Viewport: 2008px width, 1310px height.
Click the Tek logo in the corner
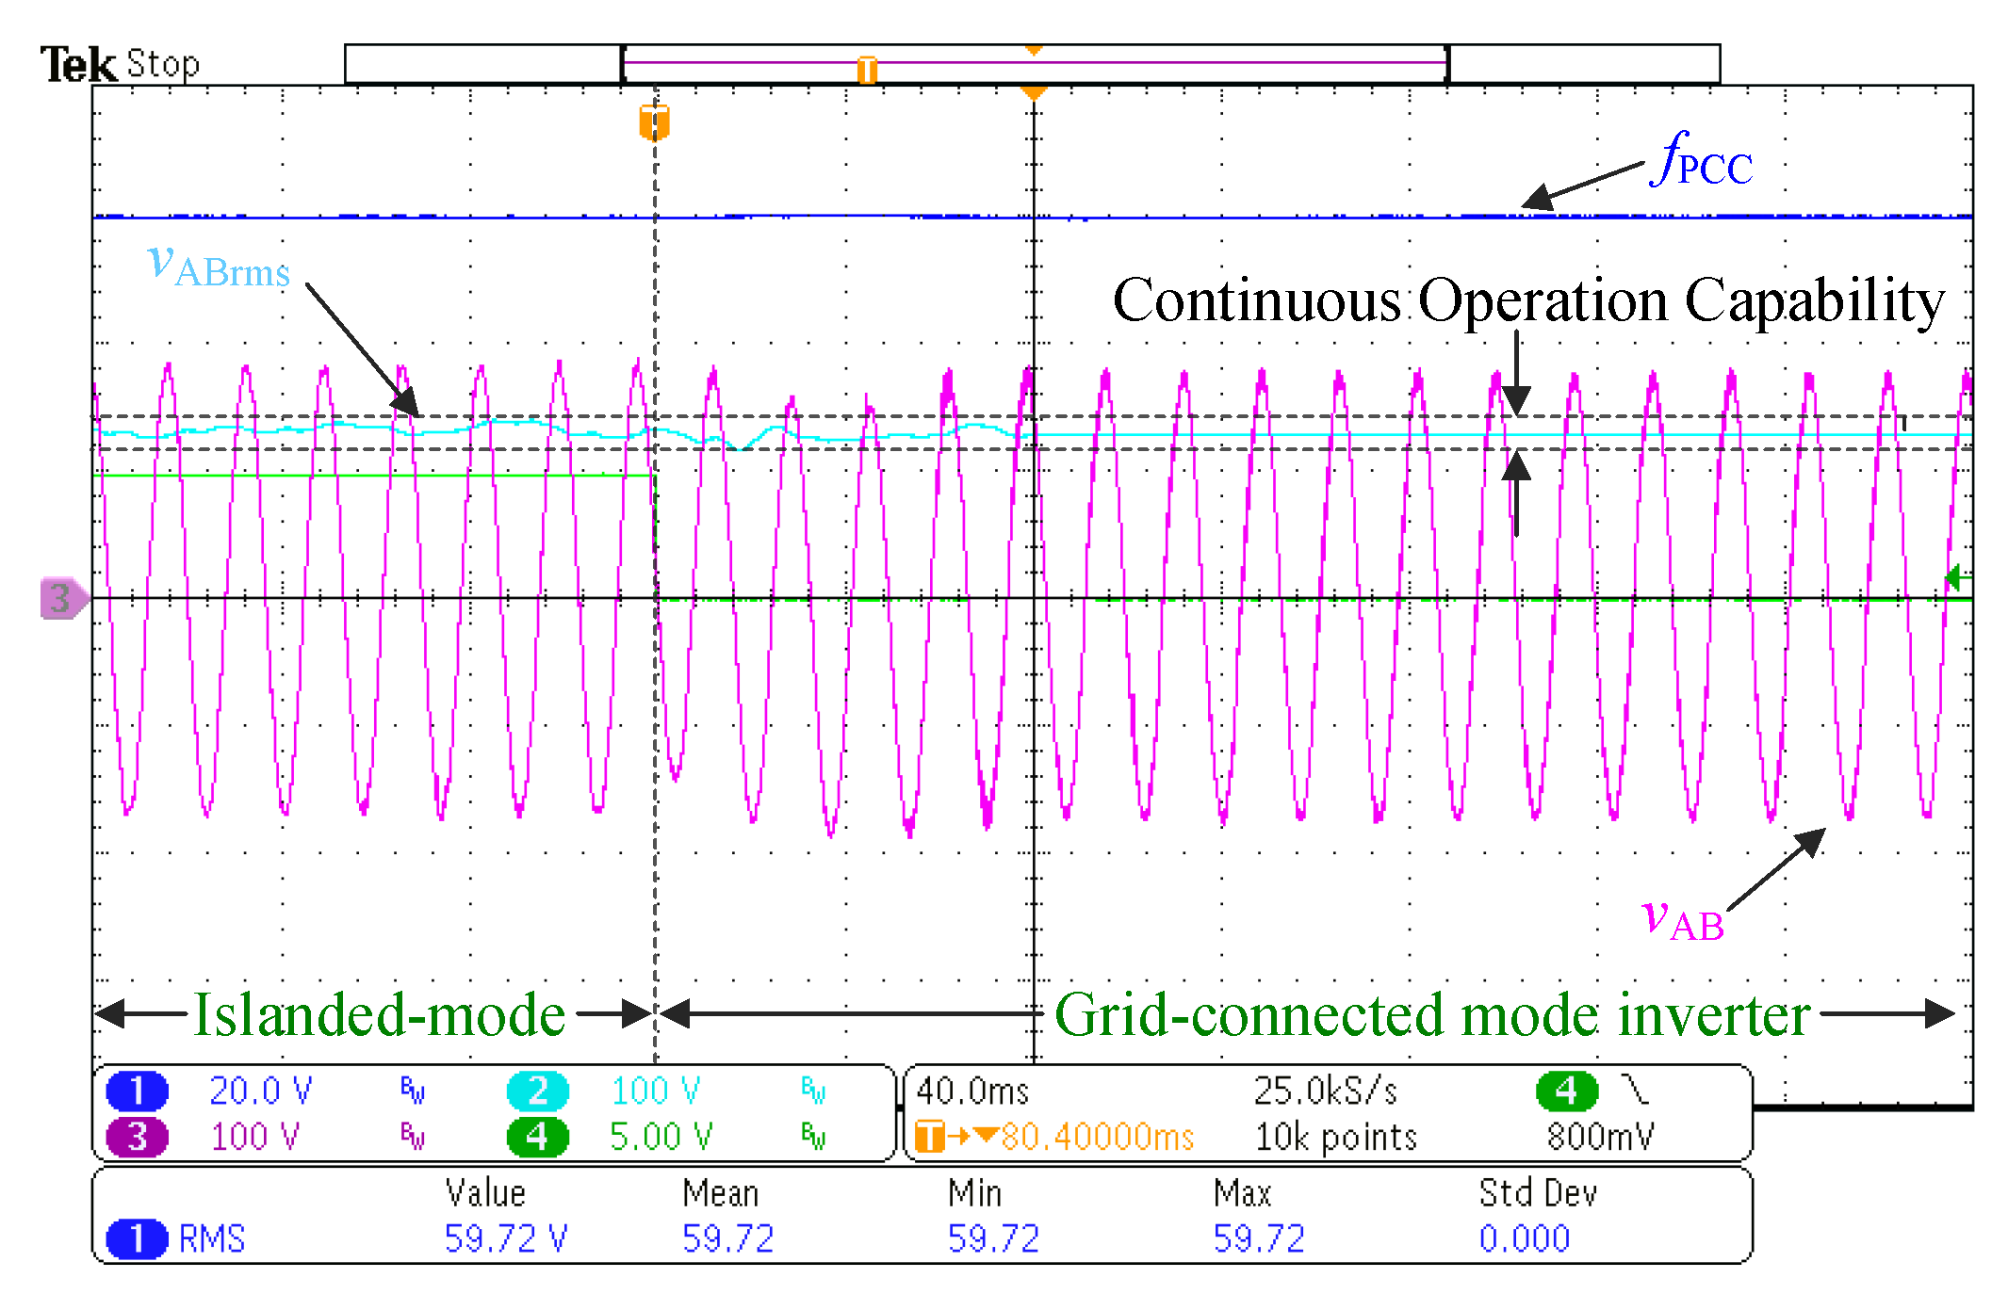77,65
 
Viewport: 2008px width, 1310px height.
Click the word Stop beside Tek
163,64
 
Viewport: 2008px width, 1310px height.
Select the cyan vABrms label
219,265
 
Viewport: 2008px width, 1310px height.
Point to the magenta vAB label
1683,918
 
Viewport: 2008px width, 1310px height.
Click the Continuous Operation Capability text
1527,301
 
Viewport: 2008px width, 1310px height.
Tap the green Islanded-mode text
379,1015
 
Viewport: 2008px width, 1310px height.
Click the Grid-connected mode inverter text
1431,1015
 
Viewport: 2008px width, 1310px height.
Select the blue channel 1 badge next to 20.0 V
137,1091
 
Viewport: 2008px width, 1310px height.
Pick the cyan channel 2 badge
537,1091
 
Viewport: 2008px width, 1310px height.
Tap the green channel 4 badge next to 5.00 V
537,1137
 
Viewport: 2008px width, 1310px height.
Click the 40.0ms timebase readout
971,1091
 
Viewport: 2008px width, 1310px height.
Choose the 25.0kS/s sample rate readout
1324,1091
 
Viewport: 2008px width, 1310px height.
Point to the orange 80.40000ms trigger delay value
1097,1137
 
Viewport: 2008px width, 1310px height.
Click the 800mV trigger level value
1600,1137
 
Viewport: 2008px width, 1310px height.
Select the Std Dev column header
1537,1193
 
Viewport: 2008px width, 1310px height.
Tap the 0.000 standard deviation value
1524,1238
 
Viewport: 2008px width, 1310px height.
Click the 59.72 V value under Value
505,1238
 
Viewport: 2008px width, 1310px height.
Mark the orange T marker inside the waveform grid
654,122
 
